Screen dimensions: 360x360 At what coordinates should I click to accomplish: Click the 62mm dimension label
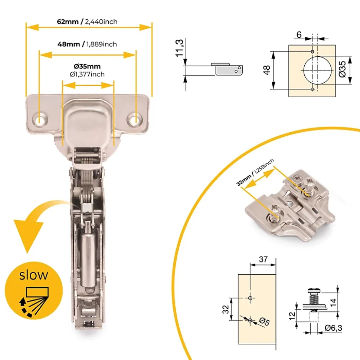[68, 22]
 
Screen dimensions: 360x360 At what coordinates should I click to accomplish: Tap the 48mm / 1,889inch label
[87, 44]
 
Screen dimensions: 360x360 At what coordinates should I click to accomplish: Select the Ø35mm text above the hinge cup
[87, 66]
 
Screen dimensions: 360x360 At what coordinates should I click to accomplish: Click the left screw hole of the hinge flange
[40, 120]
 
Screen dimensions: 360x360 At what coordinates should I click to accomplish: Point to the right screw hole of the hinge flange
[135, 119]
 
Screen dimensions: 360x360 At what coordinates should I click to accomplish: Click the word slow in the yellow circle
[33, 275]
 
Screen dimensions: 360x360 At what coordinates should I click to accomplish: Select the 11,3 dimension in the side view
[180, 48]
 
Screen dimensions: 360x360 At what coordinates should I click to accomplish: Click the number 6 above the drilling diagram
[299, 35]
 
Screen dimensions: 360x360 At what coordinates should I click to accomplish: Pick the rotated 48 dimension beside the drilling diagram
[267, 70]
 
